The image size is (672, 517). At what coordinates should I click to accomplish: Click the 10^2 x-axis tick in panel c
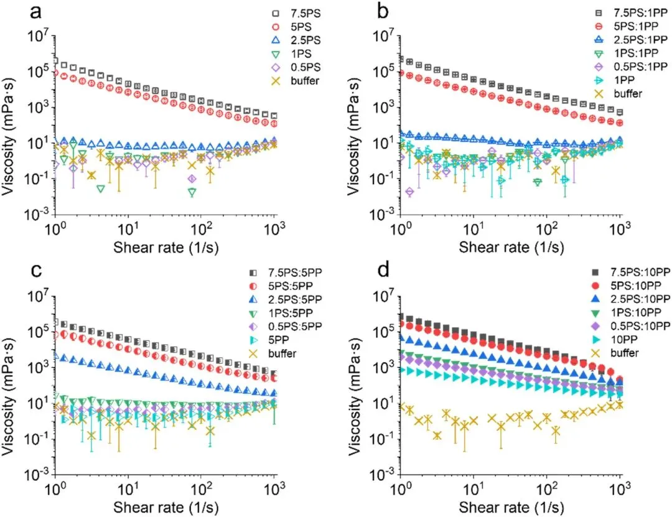coord(201,487)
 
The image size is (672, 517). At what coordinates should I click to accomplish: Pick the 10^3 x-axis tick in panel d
coord(619,487)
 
